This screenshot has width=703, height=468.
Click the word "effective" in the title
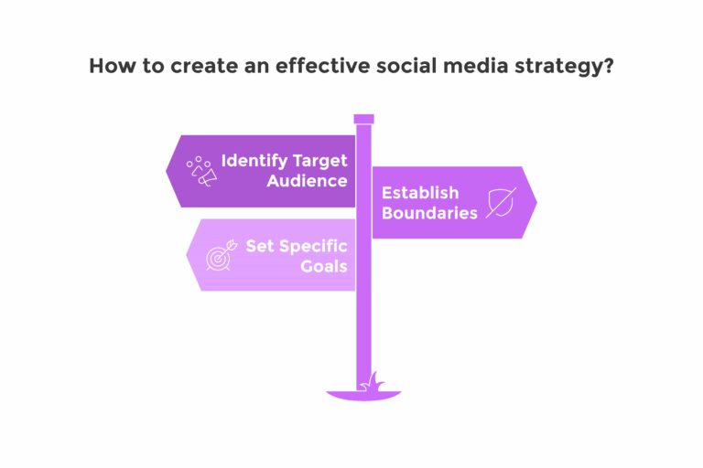pyautogui.click(x=323, y=66)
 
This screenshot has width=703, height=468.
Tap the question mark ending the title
pyautogui.click(x=609, y=66)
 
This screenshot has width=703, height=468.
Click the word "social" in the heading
pyautogui.click(x=406, y=66)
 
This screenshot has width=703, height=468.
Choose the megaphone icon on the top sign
pyautogui.click(x=201, y=172)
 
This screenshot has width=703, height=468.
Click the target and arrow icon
pyautogui.click(x=222, y=255)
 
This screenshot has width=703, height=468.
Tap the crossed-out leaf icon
pyautogui.click(x=501, y=203)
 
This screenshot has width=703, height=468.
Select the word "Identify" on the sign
pyautogui.click(x=254, y=161)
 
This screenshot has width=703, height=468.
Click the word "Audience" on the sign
pyautogui.click(x=308, y=181)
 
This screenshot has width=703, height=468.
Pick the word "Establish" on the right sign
pyautogui.click(x=420, y=193)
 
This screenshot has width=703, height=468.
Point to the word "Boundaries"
pyautogui.click(x=429, y=213)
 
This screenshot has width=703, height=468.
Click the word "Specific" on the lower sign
pyautogui.click(x=313, y=247)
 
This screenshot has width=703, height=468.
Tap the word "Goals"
pyautogui.click(x=324, y=267)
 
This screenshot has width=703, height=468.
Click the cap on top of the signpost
pyautogui.click(x=363, y=119)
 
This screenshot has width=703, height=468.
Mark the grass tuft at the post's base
pyautogui.click(x=373, y=382)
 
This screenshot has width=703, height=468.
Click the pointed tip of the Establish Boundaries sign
pyautogui.click(x=536, y=202)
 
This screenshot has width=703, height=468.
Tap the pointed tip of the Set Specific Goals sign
pyautogui.click(x=187, y=255)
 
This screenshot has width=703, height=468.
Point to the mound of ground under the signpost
pyautogui.click(x=363, y=396)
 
